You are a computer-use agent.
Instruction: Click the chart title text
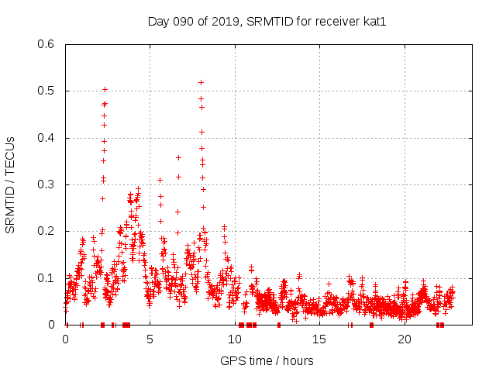pos(267,21)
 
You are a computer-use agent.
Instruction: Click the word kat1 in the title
pos(374,21)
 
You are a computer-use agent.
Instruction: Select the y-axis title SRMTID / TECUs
pos(10,184)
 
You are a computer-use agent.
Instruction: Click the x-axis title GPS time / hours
pos(267,360)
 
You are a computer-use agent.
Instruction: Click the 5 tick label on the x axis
pos(150,339)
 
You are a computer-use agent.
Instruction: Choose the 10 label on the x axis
pos(235,339)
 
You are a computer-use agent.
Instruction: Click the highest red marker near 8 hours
pos(201,82)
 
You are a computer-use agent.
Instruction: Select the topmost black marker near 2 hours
pos(105,90)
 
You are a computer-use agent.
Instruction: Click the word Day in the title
pos(158,21)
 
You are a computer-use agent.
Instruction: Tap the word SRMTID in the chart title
pos(262,21)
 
